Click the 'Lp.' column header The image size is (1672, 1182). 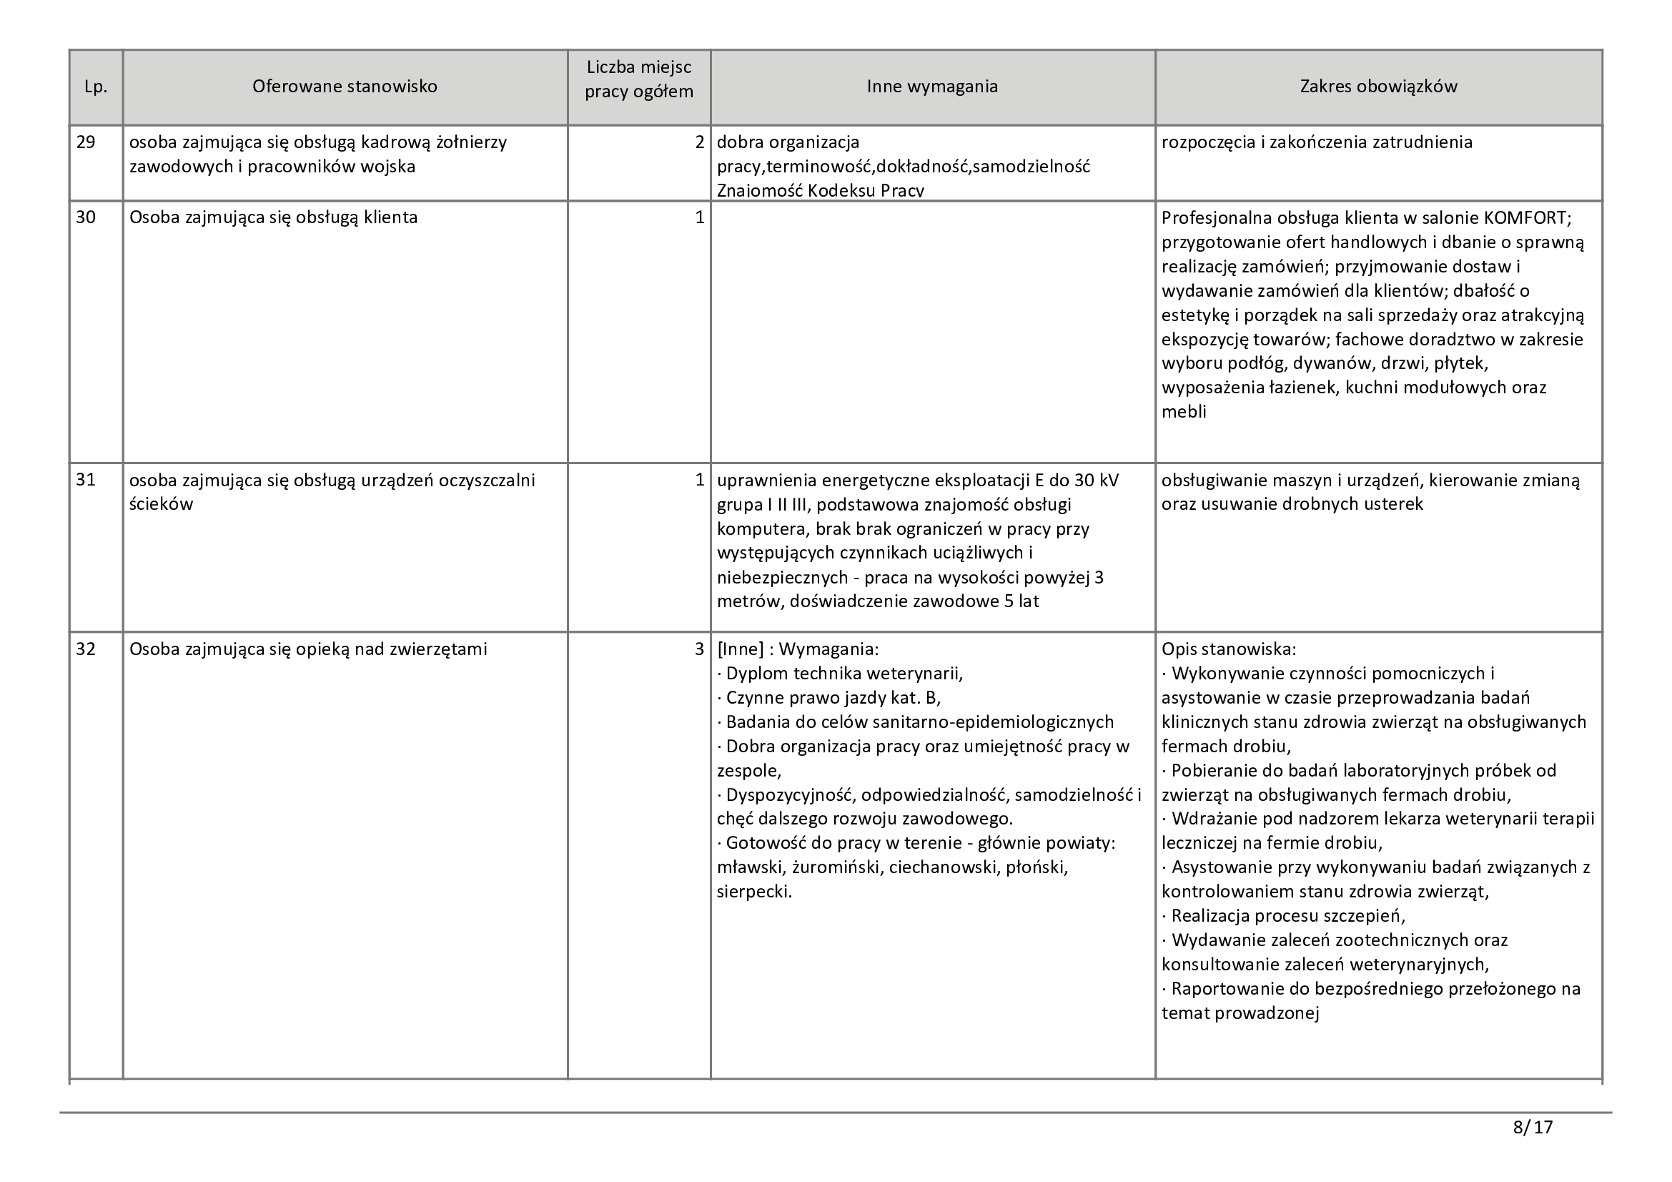click(95, 87)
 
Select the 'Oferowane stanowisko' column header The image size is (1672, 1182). click(345, 87)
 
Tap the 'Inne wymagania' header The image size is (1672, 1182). click(932, 87)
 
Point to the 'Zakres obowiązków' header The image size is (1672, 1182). click(1377, 87)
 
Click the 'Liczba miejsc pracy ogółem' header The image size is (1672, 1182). click(638, 80)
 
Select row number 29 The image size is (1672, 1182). click(86, 142)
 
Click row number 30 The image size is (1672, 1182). click(86, 217)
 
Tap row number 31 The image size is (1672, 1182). click(86, 480)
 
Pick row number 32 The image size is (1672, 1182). click(86, 649)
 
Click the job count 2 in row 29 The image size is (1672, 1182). click(700, 142)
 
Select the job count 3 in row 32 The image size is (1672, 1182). click(700, 649)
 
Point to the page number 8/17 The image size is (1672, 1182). click(1532, 1128)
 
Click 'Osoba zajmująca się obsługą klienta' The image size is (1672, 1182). click(273, 218)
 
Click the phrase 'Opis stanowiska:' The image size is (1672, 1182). click(1229, 649)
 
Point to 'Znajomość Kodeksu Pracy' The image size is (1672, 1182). click(820, 191)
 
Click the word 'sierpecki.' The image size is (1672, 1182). click(753, 892)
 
